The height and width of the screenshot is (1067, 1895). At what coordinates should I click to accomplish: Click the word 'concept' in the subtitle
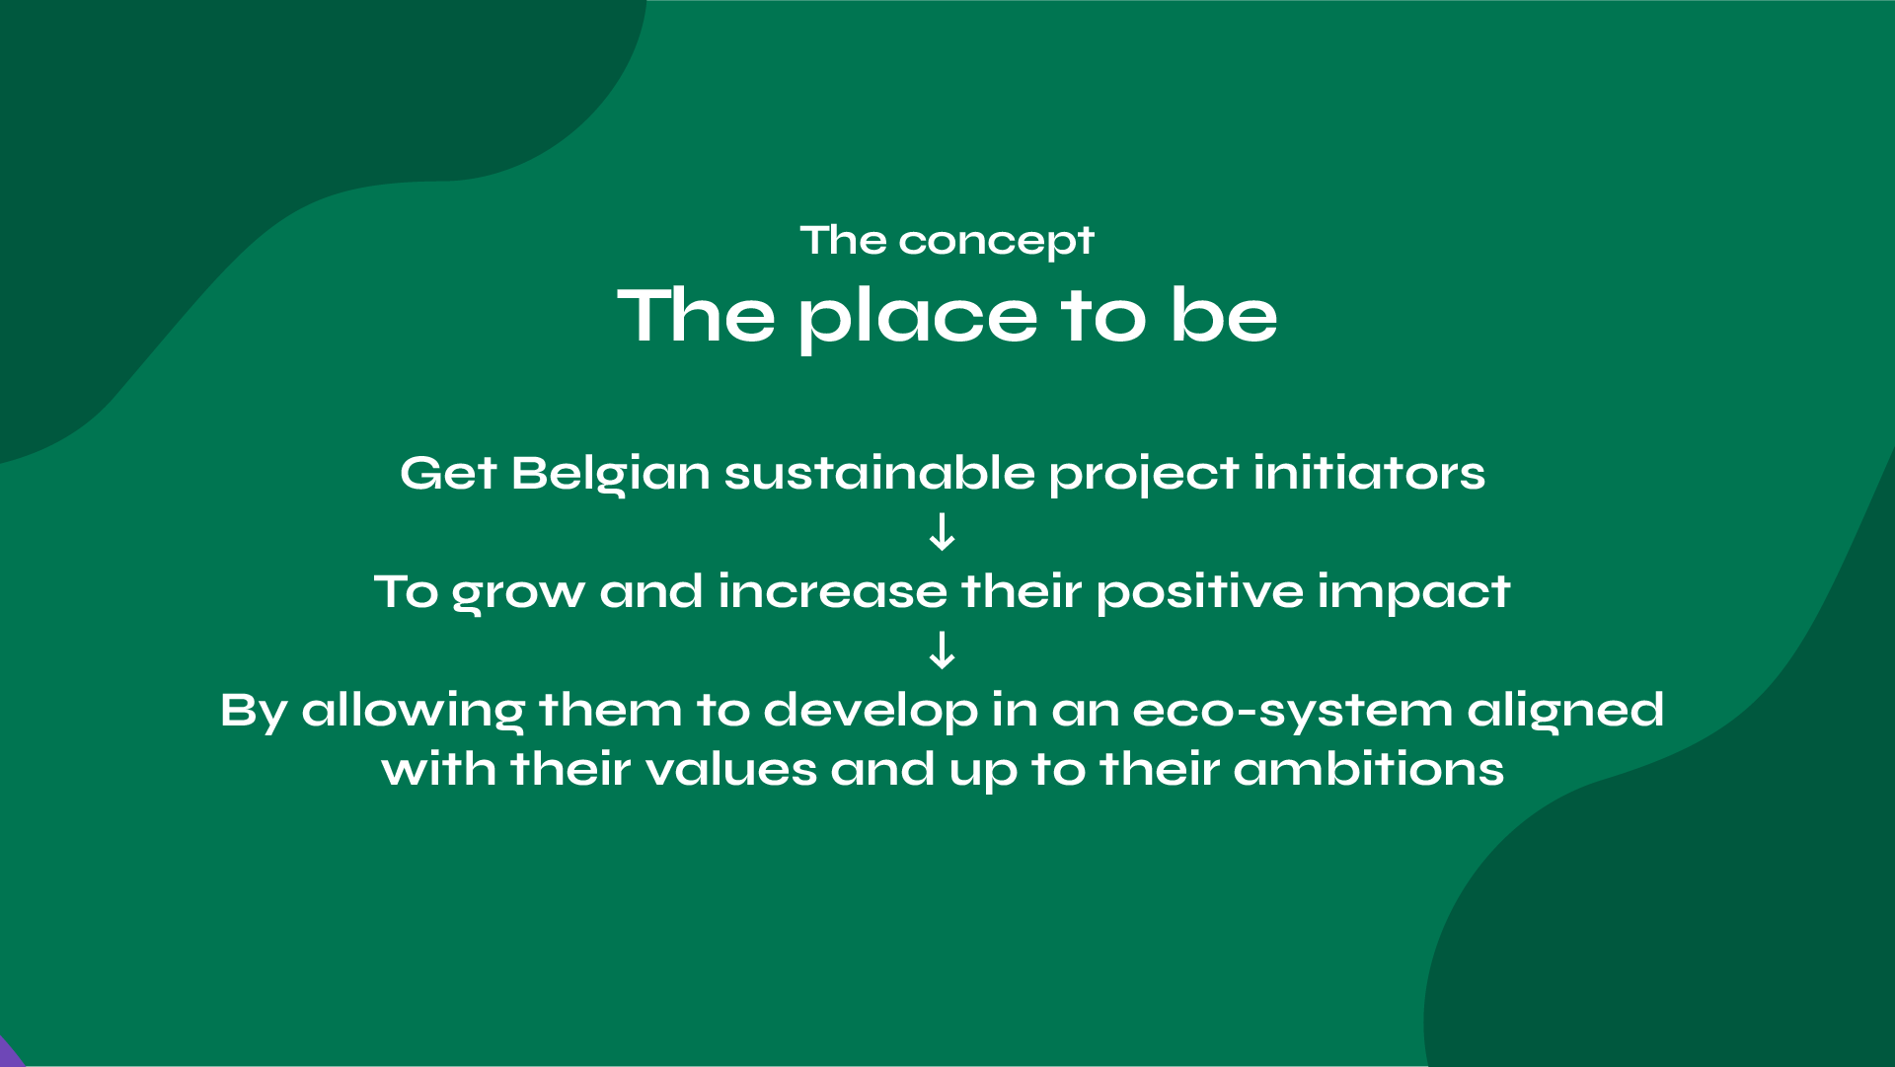pos(996,242)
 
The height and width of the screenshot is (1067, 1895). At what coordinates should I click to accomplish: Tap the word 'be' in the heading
pos(1223,315)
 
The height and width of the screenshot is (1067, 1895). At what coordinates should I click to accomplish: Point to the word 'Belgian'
pos(611,475)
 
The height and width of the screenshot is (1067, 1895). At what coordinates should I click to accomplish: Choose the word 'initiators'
pos(1369,473)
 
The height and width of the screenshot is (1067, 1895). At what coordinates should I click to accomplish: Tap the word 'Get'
pos(448,473)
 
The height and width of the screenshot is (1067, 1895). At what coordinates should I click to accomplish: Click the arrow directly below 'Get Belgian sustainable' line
pos(943,531)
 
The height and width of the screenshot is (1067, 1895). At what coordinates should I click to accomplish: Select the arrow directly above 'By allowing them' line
pos(943,650)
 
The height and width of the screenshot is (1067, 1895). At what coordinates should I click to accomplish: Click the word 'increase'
pos(833,591)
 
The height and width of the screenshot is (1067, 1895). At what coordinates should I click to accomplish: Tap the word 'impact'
pos(1413,593)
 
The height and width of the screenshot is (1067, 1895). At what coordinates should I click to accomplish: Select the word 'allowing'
pos(413,712)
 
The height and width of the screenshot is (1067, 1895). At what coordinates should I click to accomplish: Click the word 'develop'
pos(871,712)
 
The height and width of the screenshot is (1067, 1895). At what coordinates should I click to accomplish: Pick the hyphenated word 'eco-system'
pos(1293,712)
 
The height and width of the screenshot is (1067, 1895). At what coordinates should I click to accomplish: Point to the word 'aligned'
pos(1565,712)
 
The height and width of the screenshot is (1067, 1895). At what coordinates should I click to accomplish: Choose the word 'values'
pos(730,769)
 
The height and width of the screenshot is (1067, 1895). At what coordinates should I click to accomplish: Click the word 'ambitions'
pos(1369,769)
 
